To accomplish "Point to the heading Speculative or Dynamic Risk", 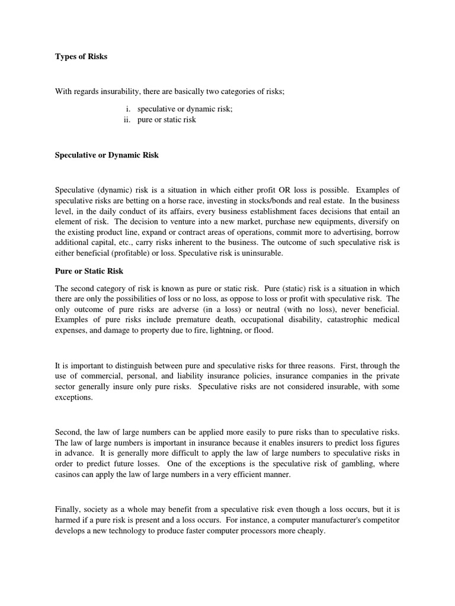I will (107, 155).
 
